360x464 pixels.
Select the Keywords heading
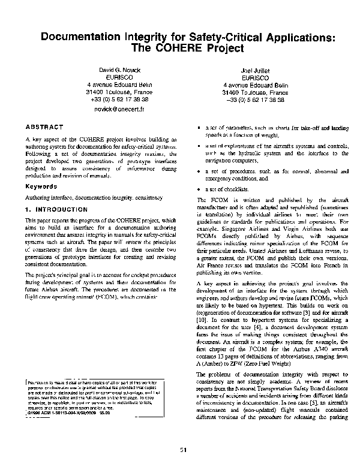coord(40,186)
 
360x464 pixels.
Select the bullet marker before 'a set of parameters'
coord(199,128)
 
